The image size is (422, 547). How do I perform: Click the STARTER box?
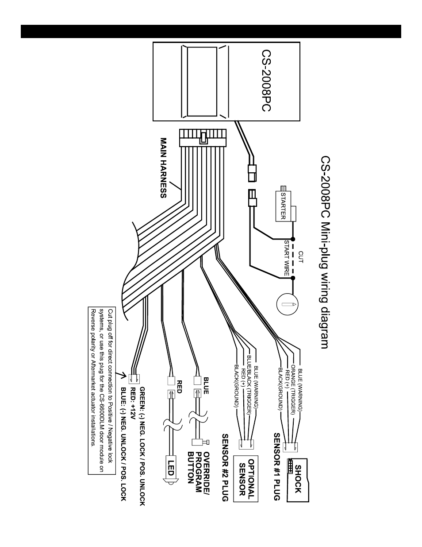click(x=283, y=206)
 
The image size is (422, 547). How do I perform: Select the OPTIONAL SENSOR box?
click(x=246, y=478)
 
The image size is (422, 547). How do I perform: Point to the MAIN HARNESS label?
click(x=163, y=168)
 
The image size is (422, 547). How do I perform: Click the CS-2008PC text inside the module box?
click(x=266, y=81)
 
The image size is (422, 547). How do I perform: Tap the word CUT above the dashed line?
click(x=301, y=257)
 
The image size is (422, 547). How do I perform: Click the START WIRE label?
click(x=287, y=258)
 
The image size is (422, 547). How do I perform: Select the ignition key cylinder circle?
click(x=287, y=304)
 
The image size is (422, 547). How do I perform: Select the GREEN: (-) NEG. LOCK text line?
click(x=142, y=446)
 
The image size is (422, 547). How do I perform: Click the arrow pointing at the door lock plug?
click(x=121, y=375)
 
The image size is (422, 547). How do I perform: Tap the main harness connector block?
click(x=203, y=138)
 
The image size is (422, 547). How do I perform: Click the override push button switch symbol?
click(x=200, y=442)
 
